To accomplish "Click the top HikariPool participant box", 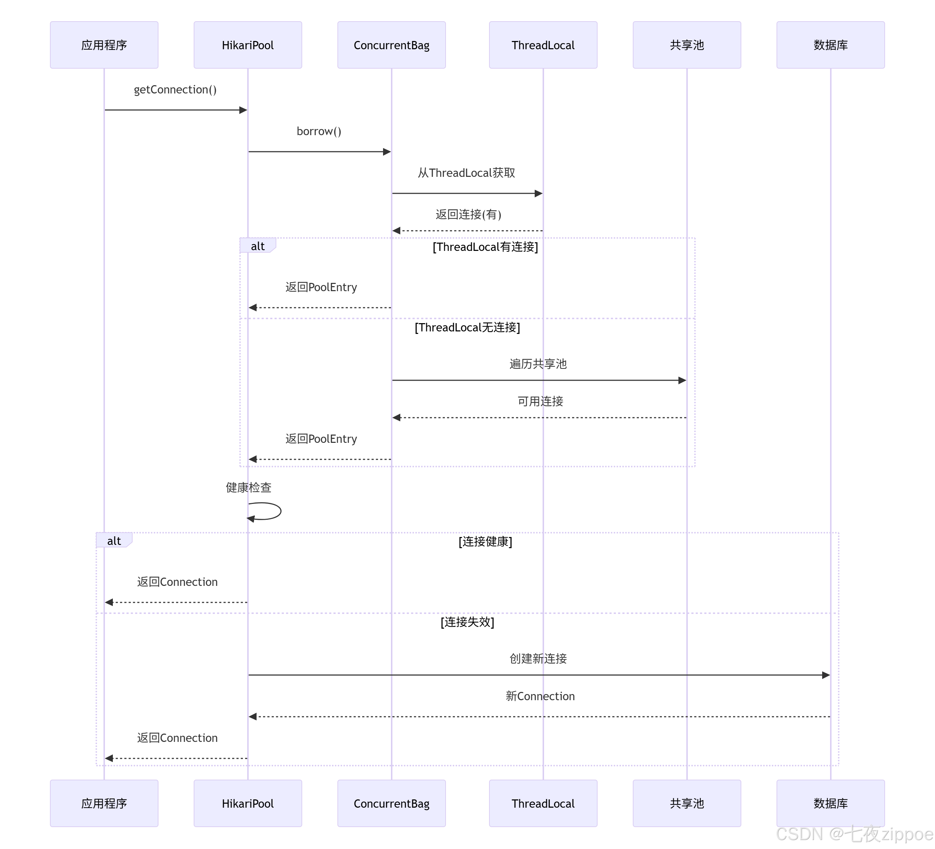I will [248, 45].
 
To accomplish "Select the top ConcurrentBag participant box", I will [391, 45].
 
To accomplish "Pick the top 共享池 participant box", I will [686, 45].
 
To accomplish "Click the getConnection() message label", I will [175, 90].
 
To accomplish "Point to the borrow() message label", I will [319, 131].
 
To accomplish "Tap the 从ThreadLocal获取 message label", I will [466, 173].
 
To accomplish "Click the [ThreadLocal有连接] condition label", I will [485, 247].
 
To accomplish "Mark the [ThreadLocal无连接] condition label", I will [467, 327].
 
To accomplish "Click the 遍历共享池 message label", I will [538, 364].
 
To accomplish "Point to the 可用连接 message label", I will [540, 401].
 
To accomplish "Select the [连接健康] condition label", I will [485, 541].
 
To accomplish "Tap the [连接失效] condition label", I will [467, 622].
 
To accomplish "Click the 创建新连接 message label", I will [538, 659].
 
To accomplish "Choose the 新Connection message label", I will [540, 696].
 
